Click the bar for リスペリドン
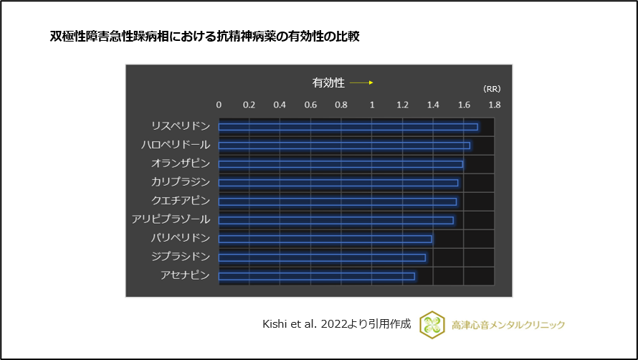pyautogui.click(x=348, y=127)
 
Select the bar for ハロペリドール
pyautogui.click(x=344, y=146)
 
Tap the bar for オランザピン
pyautogui.click(x=341, y=164)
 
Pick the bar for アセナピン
pyautogui.click(x=316, y=276)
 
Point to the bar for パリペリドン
pyautogui.click(x=325, y=239)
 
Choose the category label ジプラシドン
pyautogui.click(x=181, y=257)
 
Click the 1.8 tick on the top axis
pyautogui.click(x=494, y=105)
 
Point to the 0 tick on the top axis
pyautogui.click(x=219, y=105)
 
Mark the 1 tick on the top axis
pyautogui.click(x=371, y=105)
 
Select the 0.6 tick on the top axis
pyautogui.click(x=310, y=105)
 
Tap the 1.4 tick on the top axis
pyautogui.click(x=433, y=105)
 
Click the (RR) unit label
pyautogui.click(x=492, y=89)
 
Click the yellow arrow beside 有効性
pyautogui.click(x=361, y=83)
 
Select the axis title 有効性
pyautogui.click(x=328, y=83)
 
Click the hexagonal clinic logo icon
pyautogui.click(x=432, y=324)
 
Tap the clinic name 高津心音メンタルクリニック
pyautogui.click(x=508, y=325)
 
